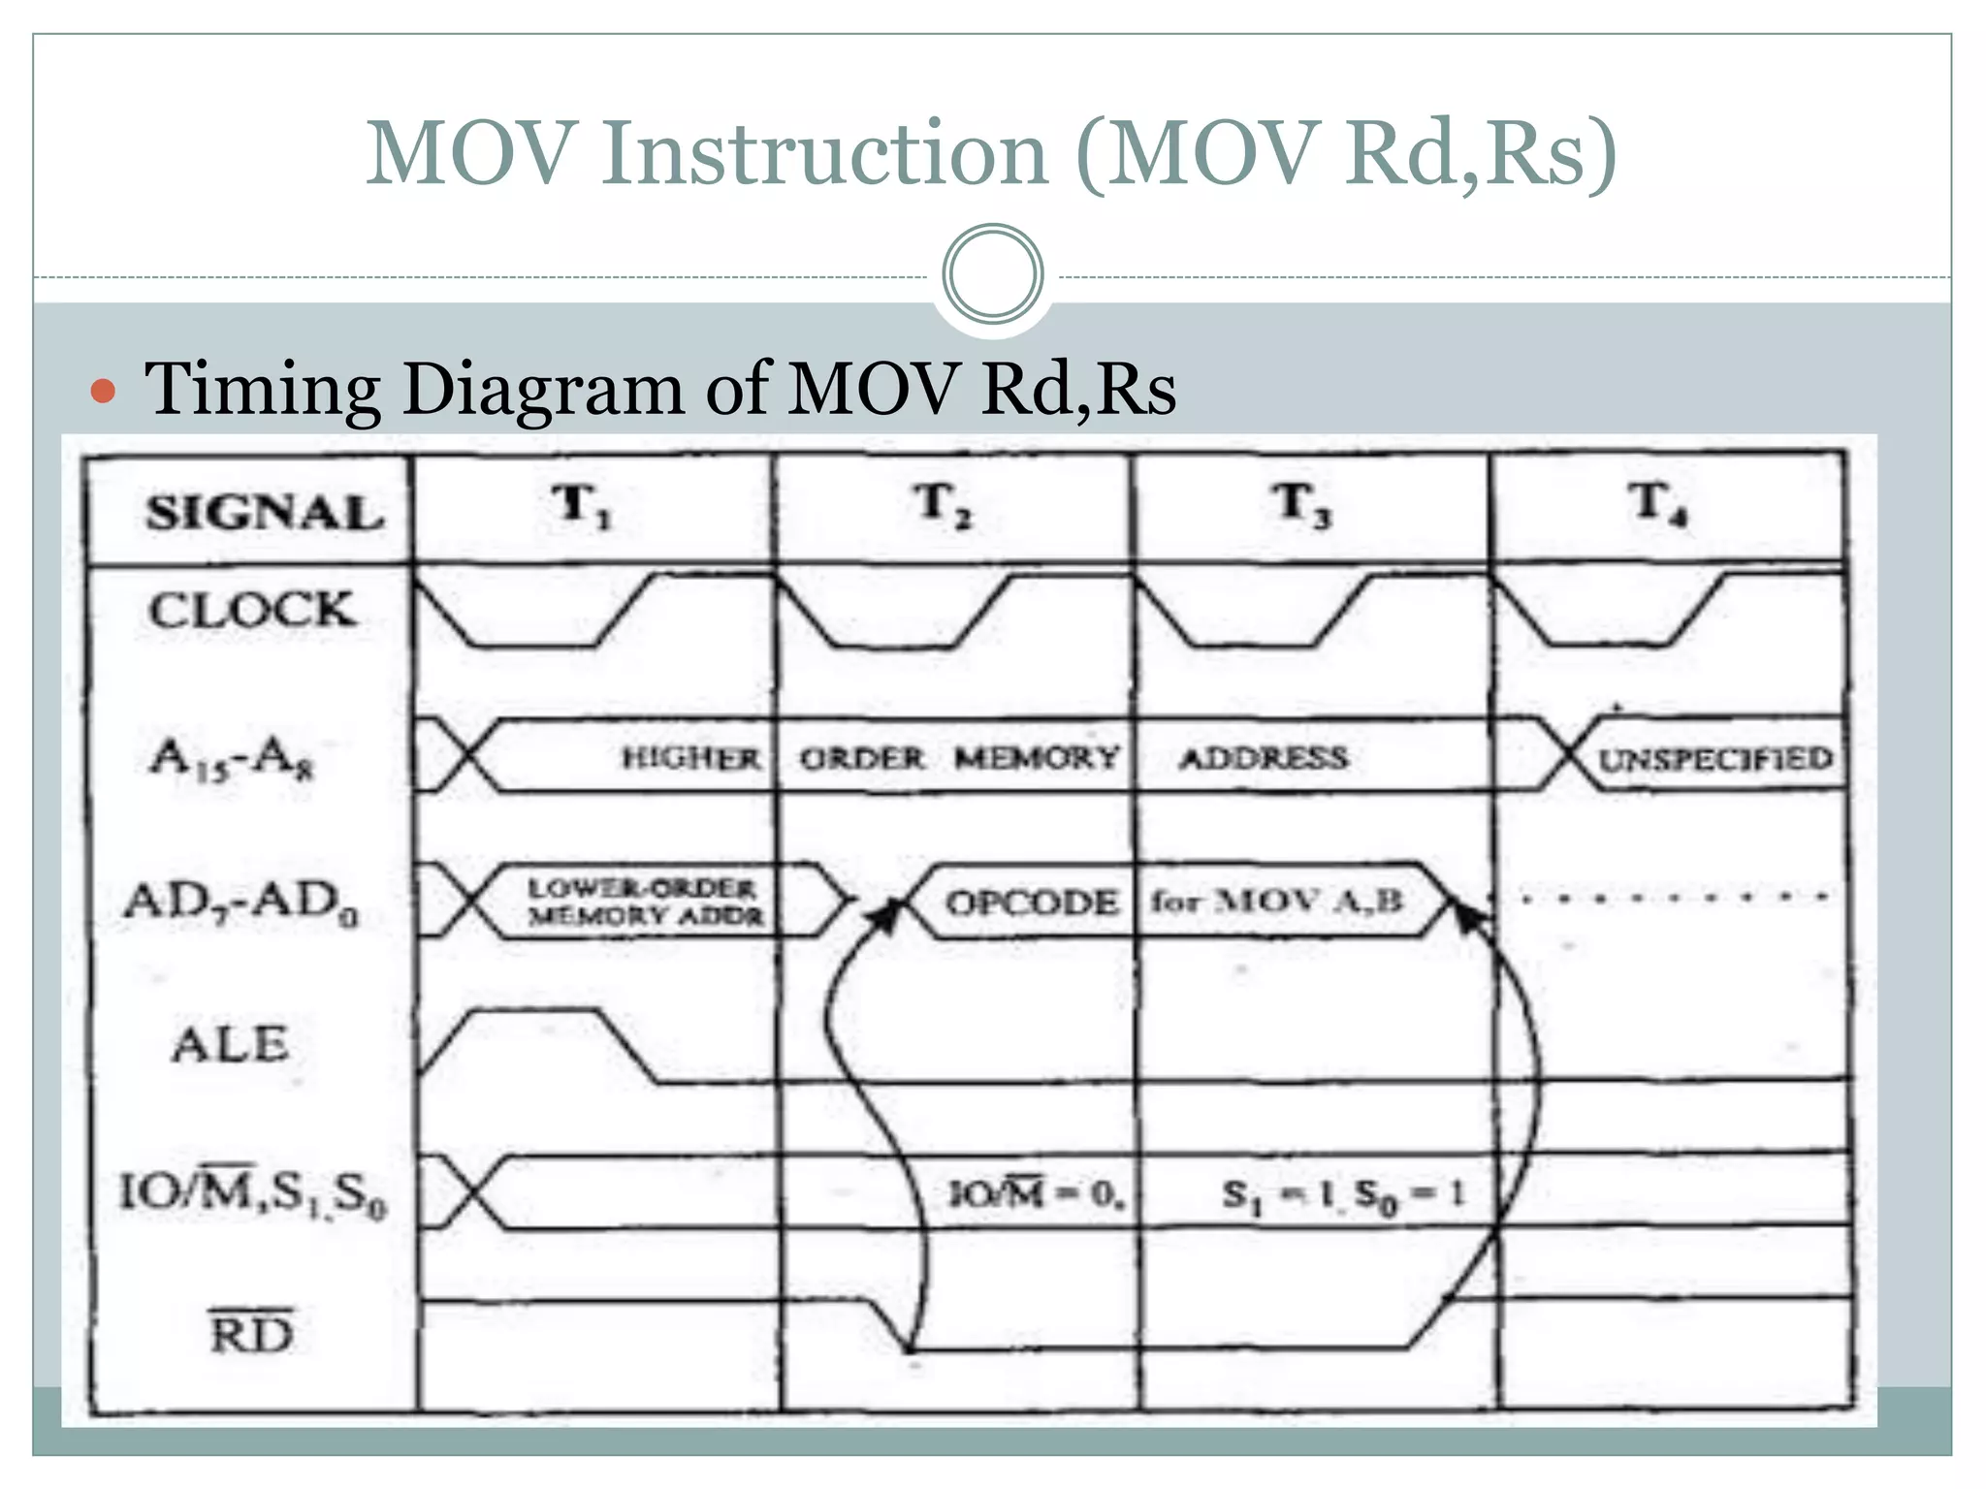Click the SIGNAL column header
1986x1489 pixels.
[264, 511]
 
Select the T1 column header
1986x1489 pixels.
[582, 506]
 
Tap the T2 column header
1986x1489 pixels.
[943, 506]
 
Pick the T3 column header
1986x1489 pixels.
[1301, 506]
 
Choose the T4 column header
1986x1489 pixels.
[1658, 504]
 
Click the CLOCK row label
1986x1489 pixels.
[252, 610]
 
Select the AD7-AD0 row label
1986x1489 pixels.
[240, 903]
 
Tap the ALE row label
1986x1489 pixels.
[231, 1045]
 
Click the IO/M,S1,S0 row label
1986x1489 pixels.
[252, 1193]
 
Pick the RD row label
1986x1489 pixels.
[251, 1333]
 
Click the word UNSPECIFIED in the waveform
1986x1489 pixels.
[1714, 759]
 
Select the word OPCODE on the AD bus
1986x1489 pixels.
[1031, 903]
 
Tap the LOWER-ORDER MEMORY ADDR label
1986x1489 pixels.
[645, 902]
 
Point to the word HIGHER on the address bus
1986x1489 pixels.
[690, 758]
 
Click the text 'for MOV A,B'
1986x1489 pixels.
[1276, 902]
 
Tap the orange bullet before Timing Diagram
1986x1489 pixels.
[103, 392]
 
